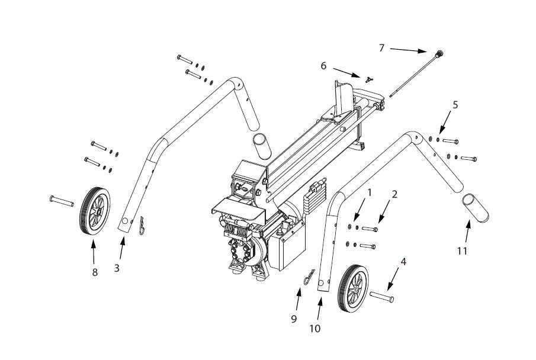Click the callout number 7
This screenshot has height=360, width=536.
[x=382, y=48]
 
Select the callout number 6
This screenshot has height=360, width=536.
[x=324, y=66]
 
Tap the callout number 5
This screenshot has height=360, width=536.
[x=455, y=105]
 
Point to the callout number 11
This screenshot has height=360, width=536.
[x=463, y=251]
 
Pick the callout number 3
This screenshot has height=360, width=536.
[x=117, y=268]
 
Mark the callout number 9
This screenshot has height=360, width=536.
[x=293, y=319]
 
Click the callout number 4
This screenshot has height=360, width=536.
[x=403, y=261]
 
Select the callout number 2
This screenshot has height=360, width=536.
[x=394, y=194]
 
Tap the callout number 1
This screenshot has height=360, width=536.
[x=370, y=192]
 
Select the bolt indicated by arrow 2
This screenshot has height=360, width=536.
[x=369, y=229]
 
